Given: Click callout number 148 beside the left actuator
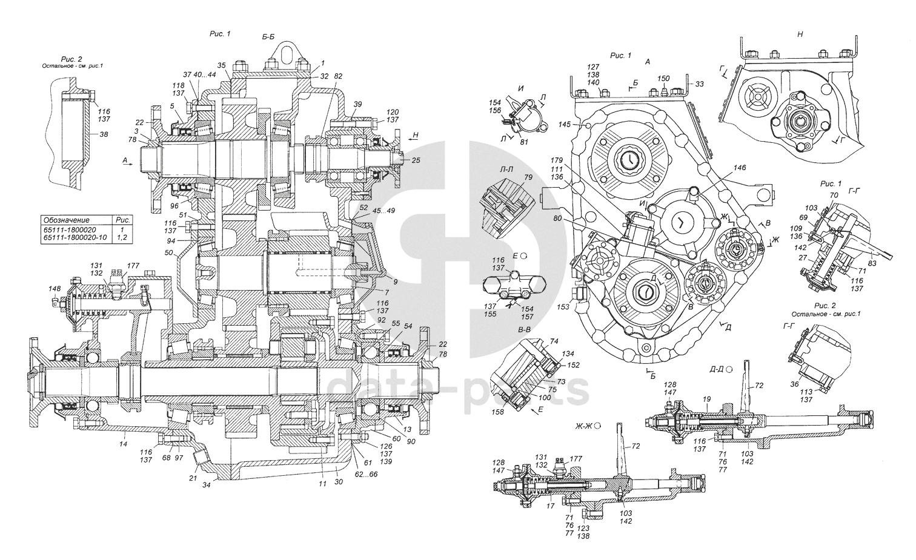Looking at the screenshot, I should (x=55, y=289).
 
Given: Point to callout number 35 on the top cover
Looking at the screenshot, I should (x=221, y=65).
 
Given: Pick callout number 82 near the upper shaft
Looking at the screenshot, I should (x=338, y=76).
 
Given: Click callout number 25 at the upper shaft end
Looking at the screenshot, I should (x=416, y=160).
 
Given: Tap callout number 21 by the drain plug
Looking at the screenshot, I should (x=193, y=478).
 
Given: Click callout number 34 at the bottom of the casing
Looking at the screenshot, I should (x=207, y=484).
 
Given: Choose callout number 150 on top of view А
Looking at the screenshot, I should (x=664, y=79).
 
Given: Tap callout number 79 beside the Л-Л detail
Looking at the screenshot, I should (x=528, y=177).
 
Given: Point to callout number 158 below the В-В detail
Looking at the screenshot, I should (x=499, y=412).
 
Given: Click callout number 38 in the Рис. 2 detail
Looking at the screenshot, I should (x=104, y=135).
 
